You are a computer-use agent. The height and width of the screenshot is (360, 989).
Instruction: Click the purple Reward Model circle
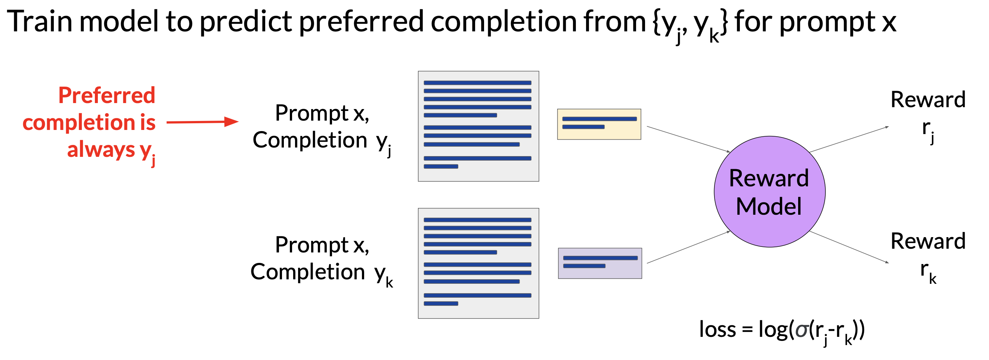pos(769,192)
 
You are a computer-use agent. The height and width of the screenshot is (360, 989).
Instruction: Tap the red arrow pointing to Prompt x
pos(202,122)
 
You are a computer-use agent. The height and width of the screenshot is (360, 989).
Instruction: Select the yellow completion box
pos(599,124)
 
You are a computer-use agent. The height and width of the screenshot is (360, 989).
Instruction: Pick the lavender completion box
pos(600,263)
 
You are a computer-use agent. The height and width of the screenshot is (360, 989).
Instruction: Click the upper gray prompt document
pos(478,126)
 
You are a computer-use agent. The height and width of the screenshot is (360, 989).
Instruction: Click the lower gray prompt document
pos(478,263)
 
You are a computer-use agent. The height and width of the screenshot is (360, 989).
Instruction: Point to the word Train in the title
pos(40,22)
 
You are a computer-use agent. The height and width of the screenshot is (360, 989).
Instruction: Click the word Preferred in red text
pos(107,95)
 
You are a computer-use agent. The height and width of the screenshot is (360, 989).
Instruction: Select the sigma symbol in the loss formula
pos(802,331)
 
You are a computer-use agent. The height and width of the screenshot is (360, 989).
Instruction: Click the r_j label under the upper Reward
pos(928,130)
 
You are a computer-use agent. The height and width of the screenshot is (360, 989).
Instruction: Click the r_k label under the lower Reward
pos(928,272)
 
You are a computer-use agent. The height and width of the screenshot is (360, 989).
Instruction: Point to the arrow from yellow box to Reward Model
pos(688,139)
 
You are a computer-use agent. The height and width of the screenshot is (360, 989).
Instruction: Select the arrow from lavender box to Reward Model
pos(688,247)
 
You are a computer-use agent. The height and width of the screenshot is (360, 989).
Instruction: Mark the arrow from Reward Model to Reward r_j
pos(849,139)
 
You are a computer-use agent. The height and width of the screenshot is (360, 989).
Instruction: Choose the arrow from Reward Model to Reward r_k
pos(849,247)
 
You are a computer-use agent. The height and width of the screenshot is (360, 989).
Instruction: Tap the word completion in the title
pos(503,22)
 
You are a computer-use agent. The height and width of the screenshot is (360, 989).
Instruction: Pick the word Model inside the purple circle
pos(769,207)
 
